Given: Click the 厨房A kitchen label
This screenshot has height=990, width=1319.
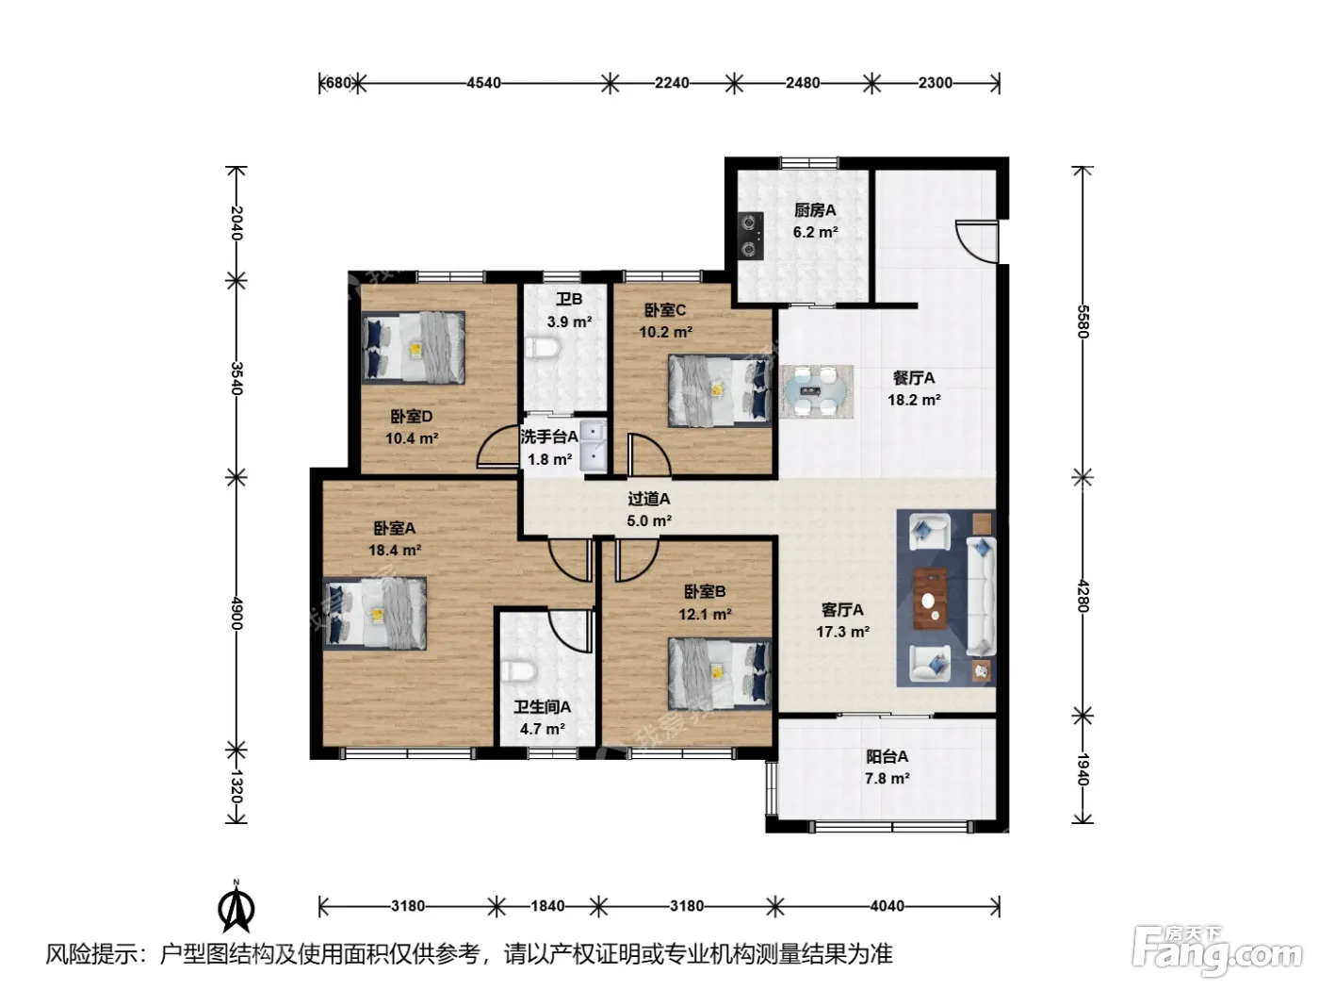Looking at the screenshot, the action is (814, 210).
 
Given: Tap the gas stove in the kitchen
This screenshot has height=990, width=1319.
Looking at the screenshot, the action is (751, 236).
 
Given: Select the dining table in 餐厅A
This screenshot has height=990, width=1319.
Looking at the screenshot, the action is (817, 391).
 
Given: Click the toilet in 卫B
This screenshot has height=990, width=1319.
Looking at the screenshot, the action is (542, 347).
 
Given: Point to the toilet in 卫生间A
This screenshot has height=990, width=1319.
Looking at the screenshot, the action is (518, 671).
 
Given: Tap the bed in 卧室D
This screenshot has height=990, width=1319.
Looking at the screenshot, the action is (413, 347).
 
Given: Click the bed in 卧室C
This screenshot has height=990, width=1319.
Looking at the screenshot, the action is (720, 390).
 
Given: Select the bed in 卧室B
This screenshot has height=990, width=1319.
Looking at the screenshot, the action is (720, 674).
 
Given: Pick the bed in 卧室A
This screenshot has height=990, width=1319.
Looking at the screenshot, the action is (375, 613).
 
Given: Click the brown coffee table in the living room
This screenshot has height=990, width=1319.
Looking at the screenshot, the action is (930, 599).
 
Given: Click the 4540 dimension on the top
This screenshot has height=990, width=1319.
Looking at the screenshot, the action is (483, 83).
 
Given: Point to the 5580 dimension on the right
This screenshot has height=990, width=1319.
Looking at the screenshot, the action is (1082, 322).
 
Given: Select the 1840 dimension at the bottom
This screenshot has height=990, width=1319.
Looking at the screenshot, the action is (547, 906).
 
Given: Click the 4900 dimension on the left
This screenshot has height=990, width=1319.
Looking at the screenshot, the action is (236, 613).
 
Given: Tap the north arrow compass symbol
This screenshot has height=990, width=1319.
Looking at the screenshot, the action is (236, 908).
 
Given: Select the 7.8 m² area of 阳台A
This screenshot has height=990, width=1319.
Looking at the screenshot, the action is (887, 779).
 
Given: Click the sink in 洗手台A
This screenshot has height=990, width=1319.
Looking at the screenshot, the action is (594, 447).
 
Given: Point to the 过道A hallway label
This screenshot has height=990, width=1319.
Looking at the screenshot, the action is (649, 499).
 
